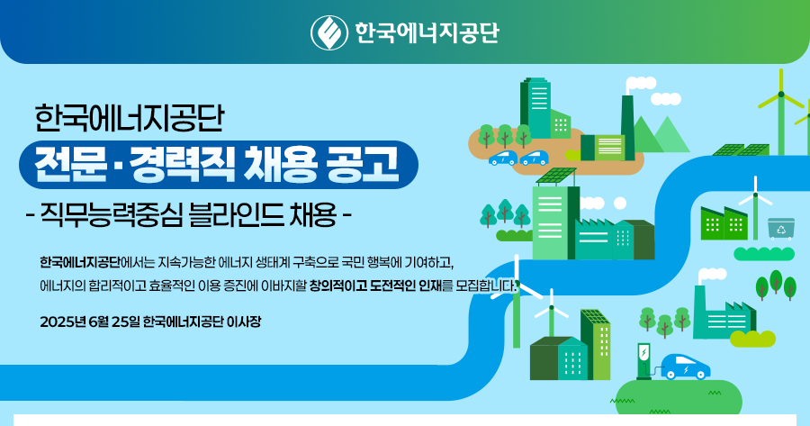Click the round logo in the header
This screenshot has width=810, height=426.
coord(329,33)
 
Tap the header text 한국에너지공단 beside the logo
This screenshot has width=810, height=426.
coord(427,32)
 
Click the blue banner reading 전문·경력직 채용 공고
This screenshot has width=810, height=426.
coord(219,165)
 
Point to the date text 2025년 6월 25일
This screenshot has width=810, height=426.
coord(90,322)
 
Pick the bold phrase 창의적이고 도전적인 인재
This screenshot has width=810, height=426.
coord(375,286)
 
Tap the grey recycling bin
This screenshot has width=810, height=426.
coord(780,229)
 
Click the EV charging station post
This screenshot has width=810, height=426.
coord(643,360)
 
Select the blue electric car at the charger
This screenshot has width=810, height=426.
coord(686,367)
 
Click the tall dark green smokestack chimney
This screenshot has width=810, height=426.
coord(627,127)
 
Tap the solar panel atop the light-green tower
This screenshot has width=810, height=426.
coord(556,177)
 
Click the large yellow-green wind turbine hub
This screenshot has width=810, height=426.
coord(781,94)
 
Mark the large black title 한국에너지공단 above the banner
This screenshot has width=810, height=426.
coord(130,118)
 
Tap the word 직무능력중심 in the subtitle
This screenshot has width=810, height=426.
coord(111,214)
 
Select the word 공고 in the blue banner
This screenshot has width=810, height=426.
coord(363,165)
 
